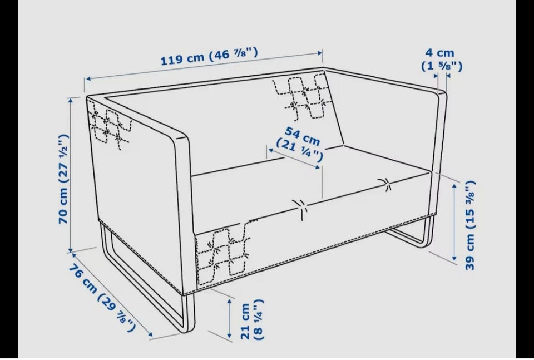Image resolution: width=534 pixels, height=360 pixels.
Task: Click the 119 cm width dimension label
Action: tap(209, 56)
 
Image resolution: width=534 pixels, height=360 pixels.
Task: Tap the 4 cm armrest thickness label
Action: tap(442, 60)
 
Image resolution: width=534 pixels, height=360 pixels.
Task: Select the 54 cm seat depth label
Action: tap(300, 144)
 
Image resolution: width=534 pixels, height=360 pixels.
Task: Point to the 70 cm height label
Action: tap(64, 179)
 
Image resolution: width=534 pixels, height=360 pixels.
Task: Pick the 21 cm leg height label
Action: tap(252, 319)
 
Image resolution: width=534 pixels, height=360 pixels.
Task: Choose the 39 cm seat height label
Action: tap(470, 225)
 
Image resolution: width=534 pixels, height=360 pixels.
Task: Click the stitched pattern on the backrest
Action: tap(301, 96)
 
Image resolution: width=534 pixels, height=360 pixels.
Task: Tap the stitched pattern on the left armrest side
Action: tap(110, 126)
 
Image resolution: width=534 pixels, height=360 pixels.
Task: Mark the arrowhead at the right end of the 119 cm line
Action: tap(320, 53)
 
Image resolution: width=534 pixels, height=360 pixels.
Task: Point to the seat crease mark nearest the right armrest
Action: tap(386, 184)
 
